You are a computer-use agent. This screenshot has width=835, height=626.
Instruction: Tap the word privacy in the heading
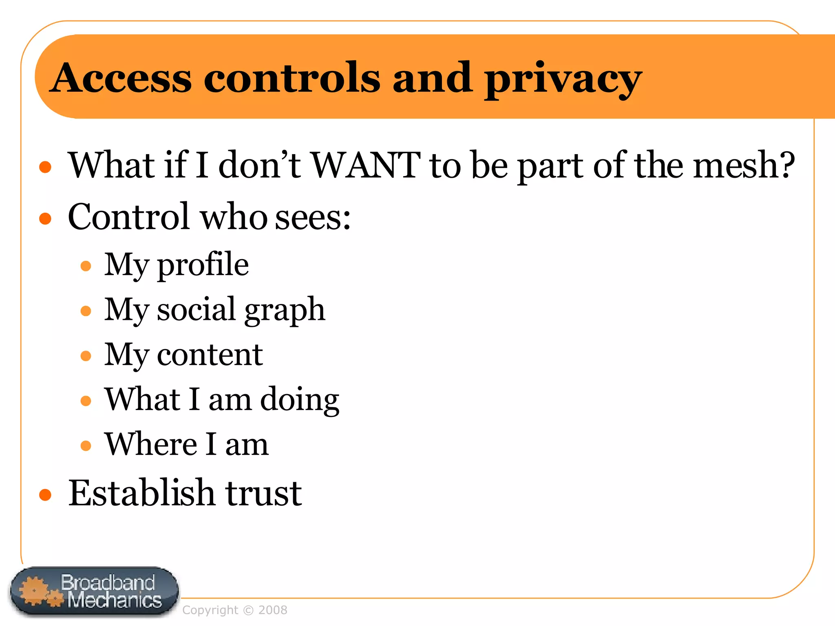pyautogui.click(x=563, y=79)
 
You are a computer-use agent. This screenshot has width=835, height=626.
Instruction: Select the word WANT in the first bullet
pyautogui.click(x=366, y=165)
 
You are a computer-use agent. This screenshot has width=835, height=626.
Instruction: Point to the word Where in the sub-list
pyautogui.click(x=151, y=444)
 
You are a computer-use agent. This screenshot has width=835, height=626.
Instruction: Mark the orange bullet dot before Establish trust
pyautogui.click(x=45, y=495)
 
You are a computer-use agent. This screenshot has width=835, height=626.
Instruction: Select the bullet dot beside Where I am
pyautogui.click(x=86, y=445)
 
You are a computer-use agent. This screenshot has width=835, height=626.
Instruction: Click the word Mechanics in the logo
pyautogui.click(x=115, y=600)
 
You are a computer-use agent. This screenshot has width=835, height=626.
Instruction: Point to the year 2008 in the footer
pyautogui.click(x=273, y=610)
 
